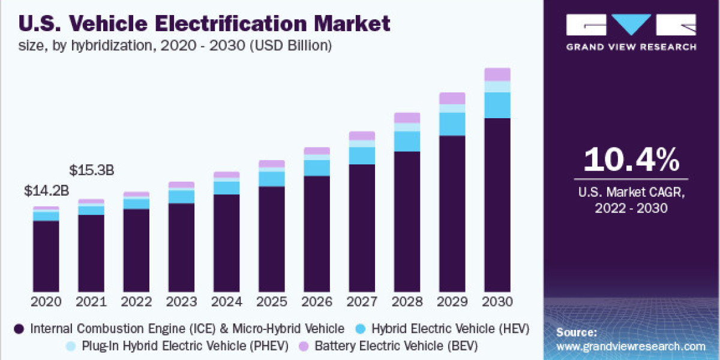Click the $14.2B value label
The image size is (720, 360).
46,191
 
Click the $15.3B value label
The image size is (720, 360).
92,170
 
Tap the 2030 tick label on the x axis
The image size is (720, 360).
497,301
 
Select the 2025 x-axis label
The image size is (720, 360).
271,301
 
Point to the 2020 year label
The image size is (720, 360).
46,301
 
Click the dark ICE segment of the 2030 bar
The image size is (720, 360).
497,204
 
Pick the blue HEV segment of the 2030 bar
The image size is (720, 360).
497,105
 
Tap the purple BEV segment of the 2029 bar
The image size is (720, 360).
452,98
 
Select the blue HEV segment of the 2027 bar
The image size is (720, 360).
362,155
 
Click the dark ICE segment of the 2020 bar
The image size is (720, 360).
46,255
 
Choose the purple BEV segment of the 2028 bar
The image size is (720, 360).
407,118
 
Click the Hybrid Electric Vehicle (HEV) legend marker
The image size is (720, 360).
361,329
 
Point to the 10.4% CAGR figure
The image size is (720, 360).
631,160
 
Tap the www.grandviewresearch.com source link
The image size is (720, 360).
631,346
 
